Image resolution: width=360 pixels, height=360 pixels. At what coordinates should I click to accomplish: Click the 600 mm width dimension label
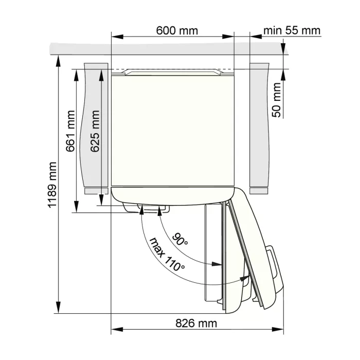177,30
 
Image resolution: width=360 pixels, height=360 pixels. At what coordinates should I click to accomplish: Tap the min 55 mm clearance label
292,30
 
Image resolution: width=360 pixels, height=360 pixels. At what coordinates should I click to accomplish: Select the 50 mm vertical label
277,100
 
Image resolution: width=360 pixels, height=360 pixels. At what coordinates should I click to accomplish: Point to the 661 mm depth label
70,131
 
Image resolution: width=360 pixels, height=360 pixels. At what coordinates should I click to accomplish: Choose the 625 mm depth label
95,131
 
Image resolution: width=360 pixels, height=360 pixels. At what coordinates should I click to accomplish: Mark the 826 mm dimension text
196,323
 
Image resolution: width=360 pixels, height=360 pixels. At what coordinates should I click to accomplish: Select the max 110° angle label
167,255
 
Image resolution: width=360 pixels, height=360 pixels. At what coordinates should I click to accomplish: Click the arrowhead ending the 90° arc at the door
217,264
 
